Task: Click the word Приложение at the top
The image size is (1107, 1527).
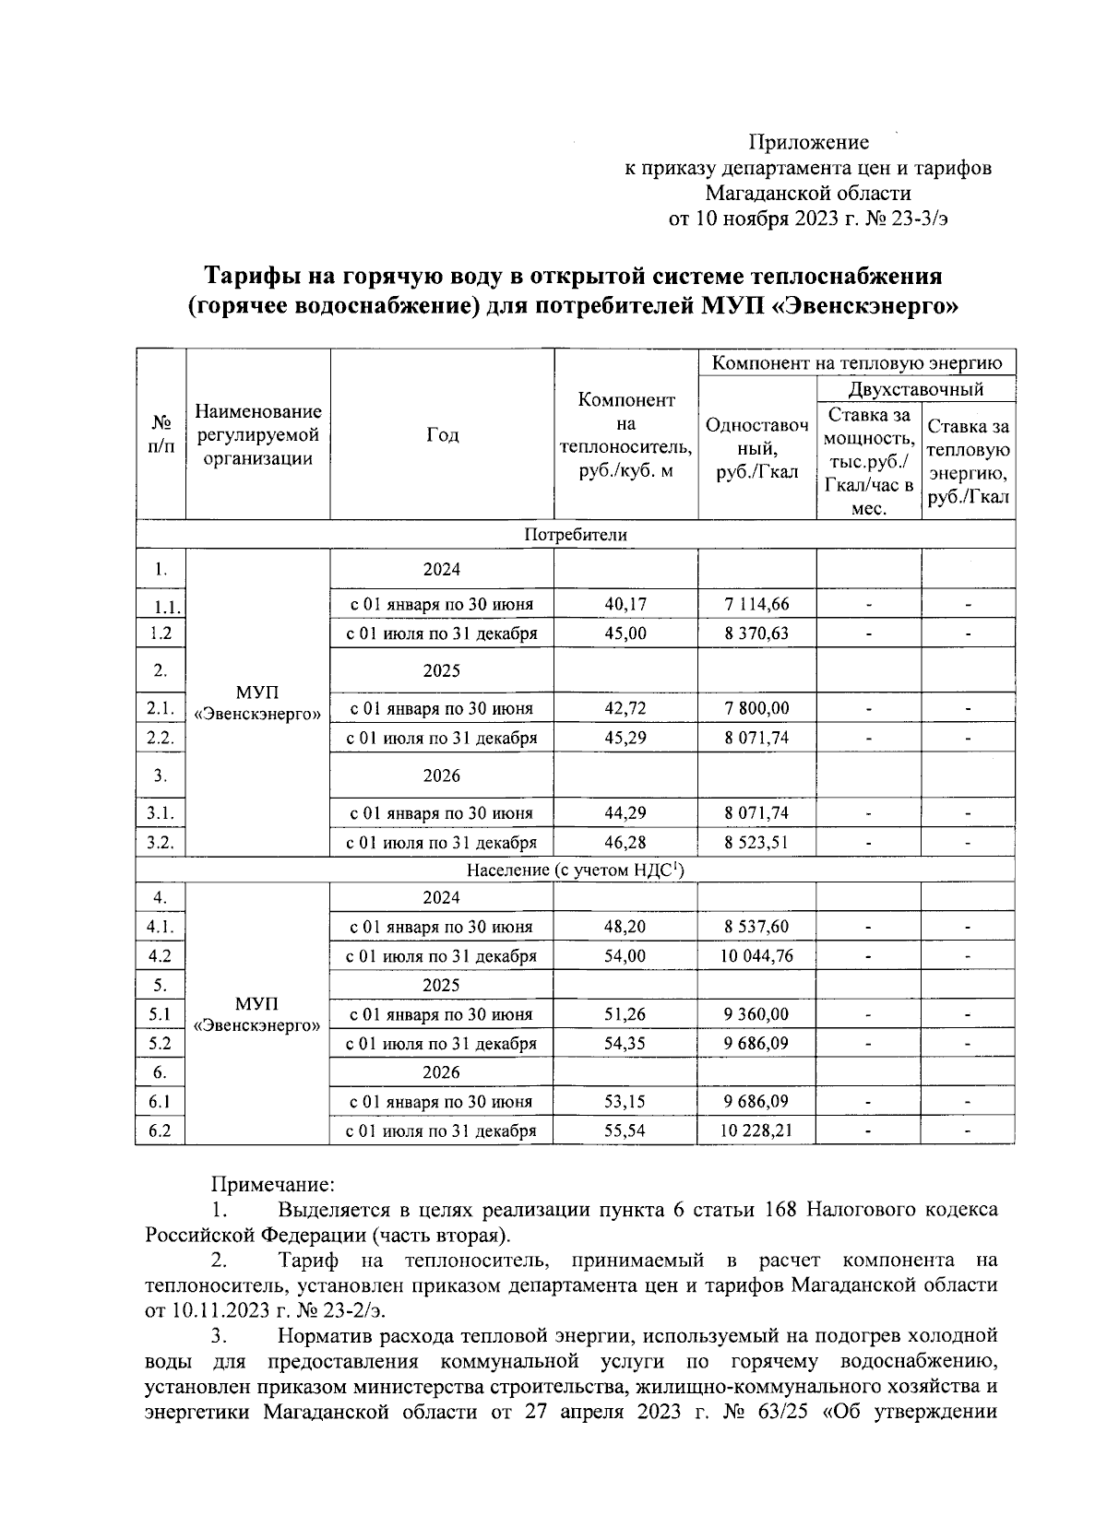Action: click(x=808, y=142)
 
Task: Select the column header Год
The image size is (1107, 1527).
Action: click(x=442, y=435)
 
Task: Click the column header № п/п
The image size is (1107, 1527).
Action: click(x=161, y=434)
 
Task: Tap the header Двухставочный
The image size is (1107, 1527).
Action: click(x=915, y=389)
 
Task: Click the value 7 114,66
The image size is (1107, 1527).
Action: click(x=756, y=605)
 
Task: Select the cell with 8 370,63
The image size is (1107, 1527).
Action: click(x=756, y=633)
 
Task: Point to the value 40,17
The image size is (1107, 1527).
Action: click(x=625, y=605)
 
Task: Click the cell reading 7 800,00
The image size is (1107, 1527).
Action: click(x=756, y=708)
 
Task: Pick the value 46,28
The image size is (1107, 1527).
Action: click(x=625, y=843)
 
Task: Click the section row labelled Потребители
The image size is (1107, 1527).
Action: click(x=576, y=535)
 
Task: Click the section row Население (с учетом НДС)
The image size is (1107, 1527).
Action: click(x=576, y=870)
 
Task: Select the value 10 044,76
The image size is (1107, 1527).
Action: click(x=756, y=956)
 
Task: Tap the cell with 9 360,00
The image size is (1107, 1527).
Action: click(x=756, y=1014)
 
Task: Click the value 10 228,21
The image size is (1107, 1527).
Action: click(x=756, y=1130)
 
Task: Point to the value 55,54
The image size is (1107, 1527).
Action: click(x=625, y=1130)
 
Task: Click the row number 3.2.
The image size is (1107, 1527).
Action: click(x=161, y=843)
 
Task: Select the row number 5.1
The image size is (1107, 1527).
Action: click(x=161, y=1014)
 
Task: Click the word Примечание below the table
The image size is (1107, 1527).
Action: click(x=273, y=1184)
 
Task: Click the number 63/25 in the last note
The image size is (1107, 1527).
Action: click(x=780, y=1413)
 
